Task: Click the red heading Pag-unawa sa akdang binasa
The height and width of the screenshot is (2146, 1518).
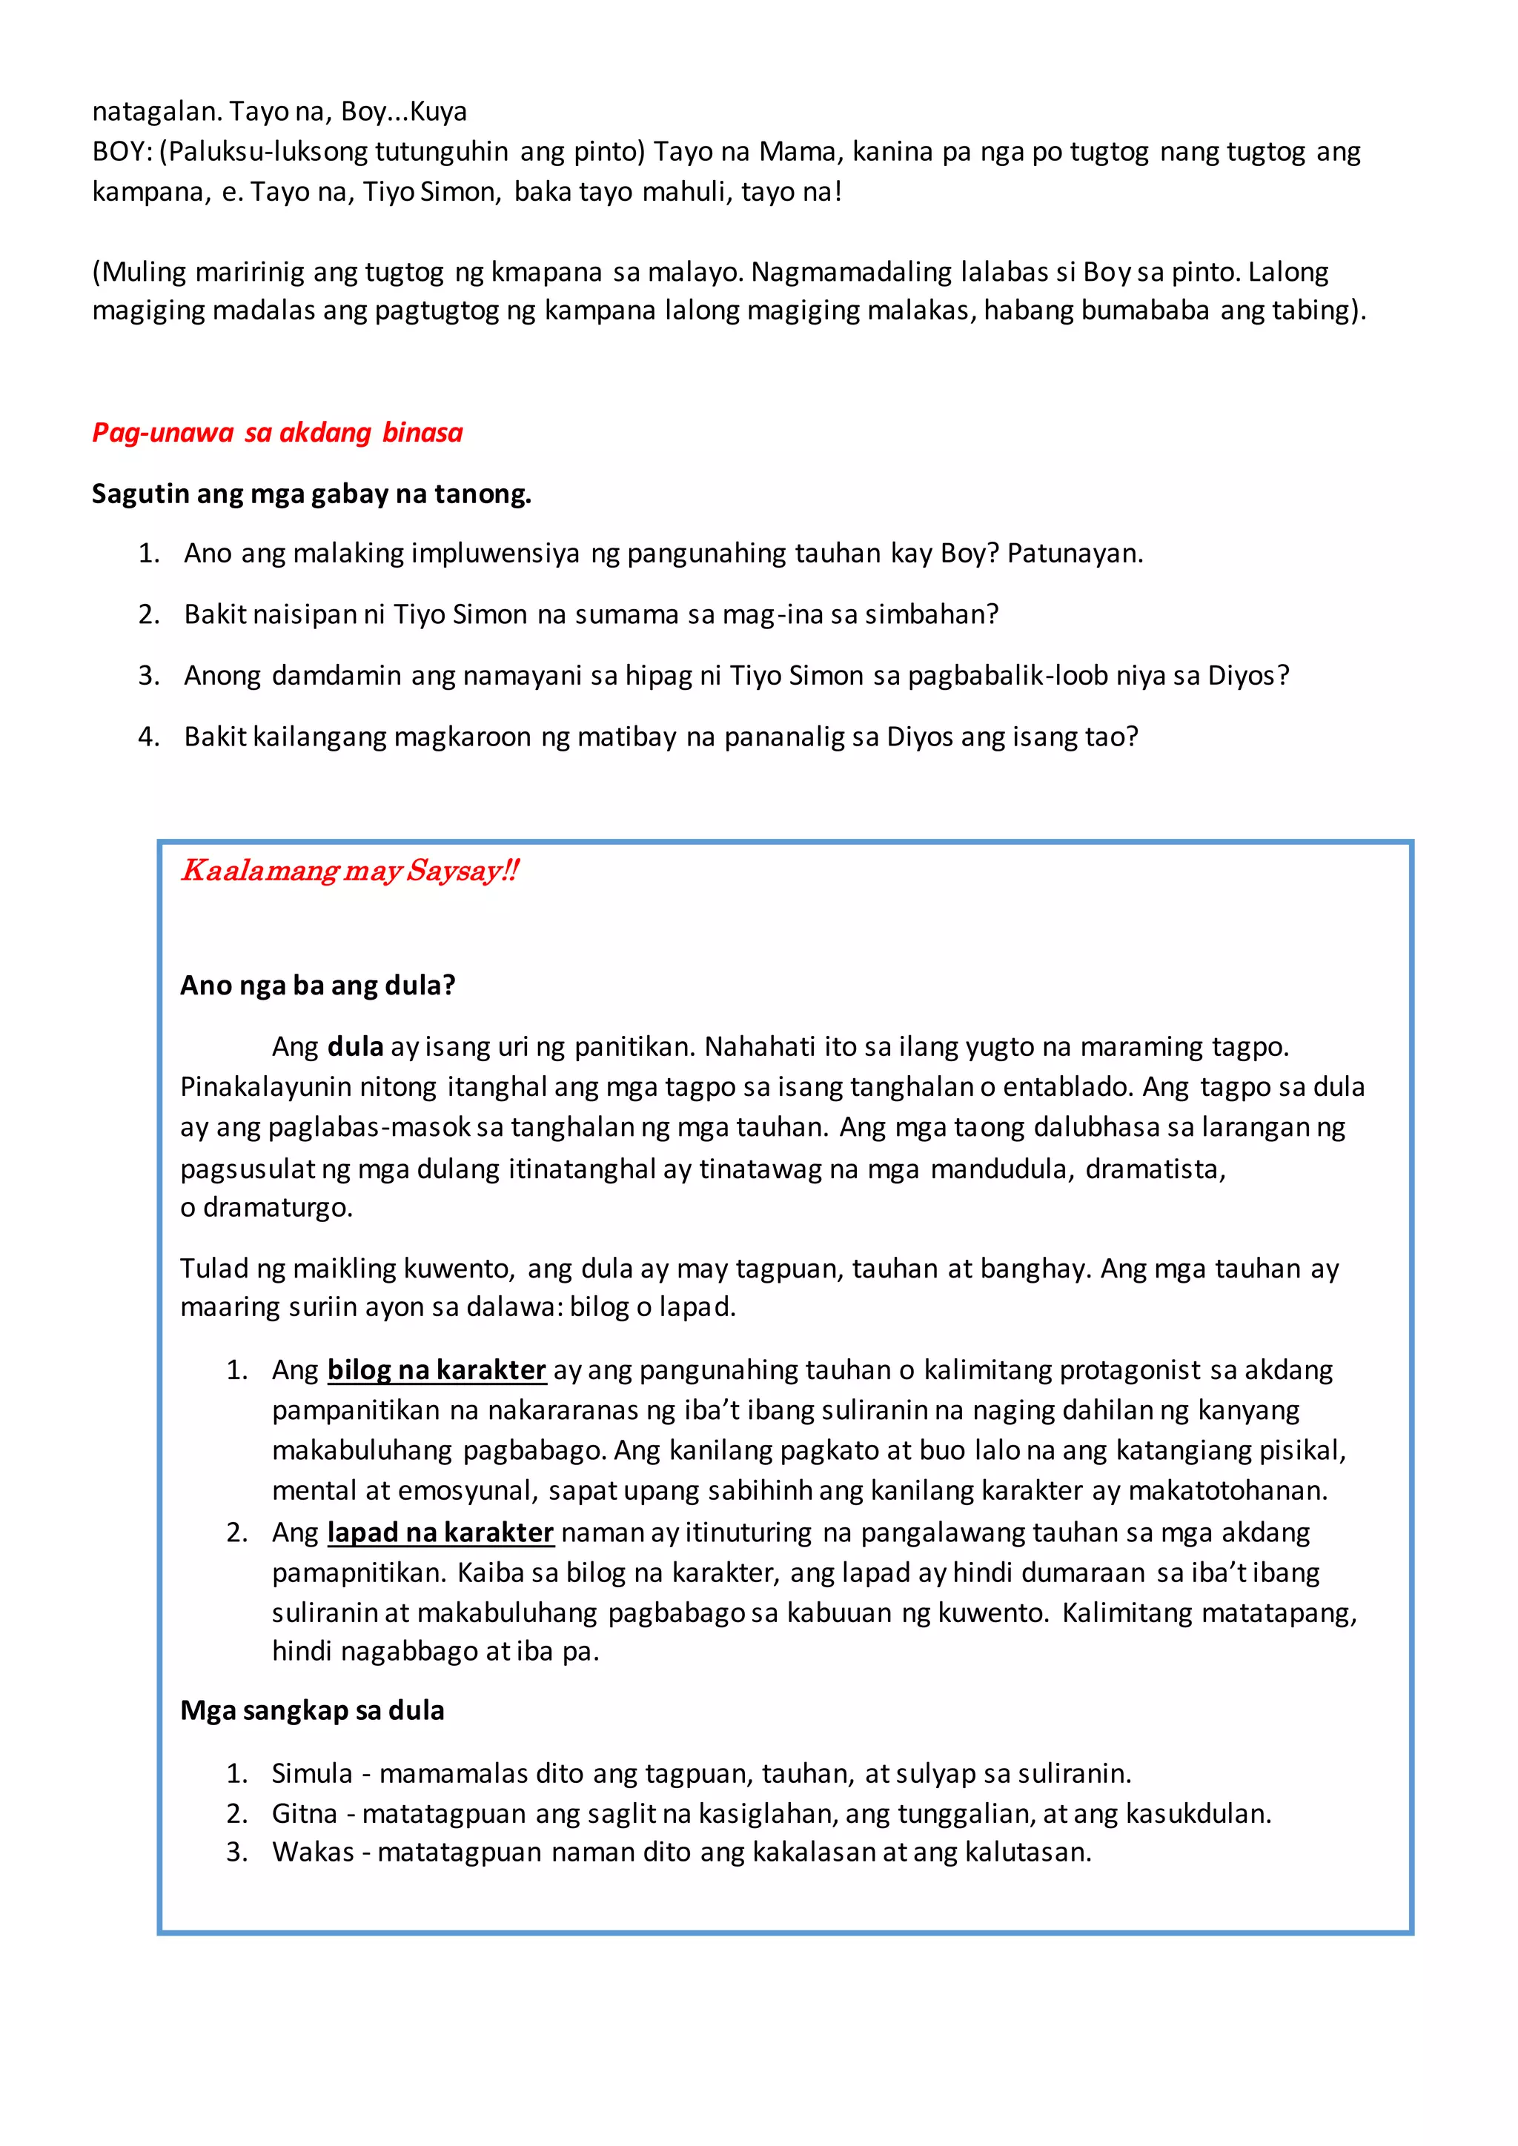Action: (x=276, y=433)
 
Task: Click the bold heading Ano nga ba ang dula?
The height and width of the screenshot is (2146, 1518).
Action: (x=317, y=985)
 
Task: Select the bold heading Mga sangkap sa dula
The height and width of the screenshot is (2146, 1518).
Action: (x=311, y=1710)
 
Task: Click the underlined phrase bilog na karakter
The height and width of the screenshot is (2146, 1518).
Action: (x=436, y=1370)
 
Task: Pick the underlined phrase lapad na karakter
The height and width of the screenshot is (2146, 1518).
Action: (x=440, y=1533)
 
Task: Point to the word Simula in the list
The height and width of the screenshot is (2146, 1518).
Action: (x=312, y=1773)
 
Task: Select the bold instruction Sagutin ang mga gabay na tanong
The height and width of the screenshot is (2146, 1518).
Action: (x=311, y=494)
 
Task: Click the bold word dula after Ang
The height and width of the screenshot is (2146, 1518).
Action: (x=355, y=1047)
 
